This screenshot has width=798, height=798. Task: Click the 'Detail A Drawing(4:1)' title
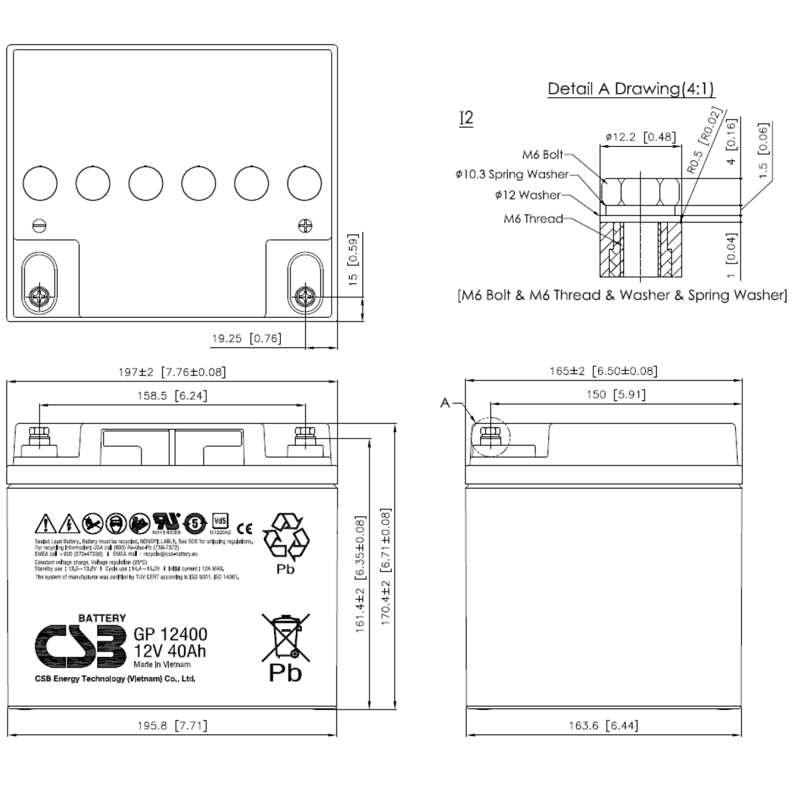pyautogui.click(x=631, y=89)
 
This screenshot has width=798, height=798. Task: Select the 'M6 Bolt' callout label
pyautogui.click(x=542, y=155)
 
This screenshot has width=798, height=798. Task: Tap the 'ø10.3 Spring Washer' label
pyautogui.click(x=512, y=174)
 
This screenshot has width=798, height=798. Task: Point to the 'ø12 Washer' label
pyautogui.click(x=527, y=196)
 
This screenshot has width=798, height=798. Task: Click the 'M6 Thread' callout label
pyautogui.click(x=533, y=219)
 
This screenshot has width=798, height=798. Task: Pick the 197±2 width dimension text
pyautogui.click(x=172, y=372)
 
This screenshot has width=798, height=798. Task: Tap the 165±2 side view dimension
pyautogui.click(x=603, y=371)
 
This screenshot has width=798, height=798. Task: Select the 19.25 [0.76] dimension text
pyautogui.click(x=246, y=338)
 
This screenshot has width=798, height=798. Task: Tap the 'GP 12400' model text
pyautogui.click(x=170, y=634)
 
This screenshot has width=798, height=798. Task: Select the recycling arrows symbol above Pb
pyautogui.click(x=286, y=537)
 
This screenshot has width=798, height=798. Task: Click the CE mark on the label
pyautogui.click(x=245, y=529)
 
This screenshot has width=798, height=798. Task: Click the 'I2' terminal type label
pyautogui.click(x=466, y=118)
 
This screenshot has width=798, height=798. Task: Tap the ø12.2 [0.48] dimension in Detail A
pyautogui.click(x=638, y=137)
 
